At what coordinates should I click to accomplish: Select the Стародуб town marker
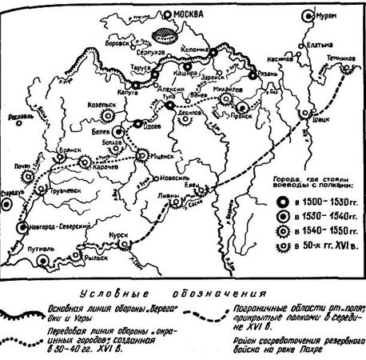7,204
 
